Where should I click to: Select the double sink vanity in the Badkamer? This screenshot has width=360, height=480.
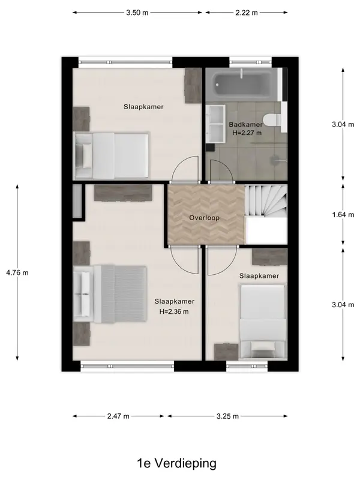(215, 124)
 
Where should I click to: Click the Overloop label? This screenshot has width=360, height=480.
(204, 218)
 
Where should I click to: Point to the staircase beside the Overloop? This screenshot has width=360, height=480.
(266, 201)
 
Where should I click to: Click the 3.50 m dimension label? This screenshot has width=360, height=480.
(137, 13)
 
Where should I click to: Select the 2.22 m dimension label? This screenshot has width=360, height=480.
(247, 13)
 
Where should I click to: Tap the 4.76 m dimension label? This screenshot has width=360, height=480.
(17, 272)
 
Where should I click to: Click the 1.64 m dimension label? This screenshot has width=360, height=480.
(343, 215)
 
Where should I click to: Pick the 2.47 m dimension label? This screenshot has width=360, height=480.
(118, 416)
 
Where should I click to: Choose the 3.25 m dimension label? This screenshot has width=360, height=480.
(227, 416)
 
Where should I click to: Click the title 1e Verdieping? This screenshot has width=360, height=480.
(176, 463)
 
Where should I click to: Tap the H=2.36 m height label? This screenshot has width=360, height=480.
(174, 311)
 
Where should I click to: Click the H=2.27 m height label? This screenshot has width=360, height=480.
(247, 133)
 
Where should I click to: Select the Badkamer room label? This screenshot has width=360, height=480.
(246, 125)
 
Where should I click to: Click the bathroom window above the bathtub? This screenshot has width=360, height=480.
(251, 62)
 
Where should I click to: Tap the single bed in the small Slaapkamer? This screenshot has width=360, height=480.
(263, 322)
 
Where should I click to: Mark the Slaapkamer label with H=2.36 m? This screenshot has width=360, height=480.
(174, 302)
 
